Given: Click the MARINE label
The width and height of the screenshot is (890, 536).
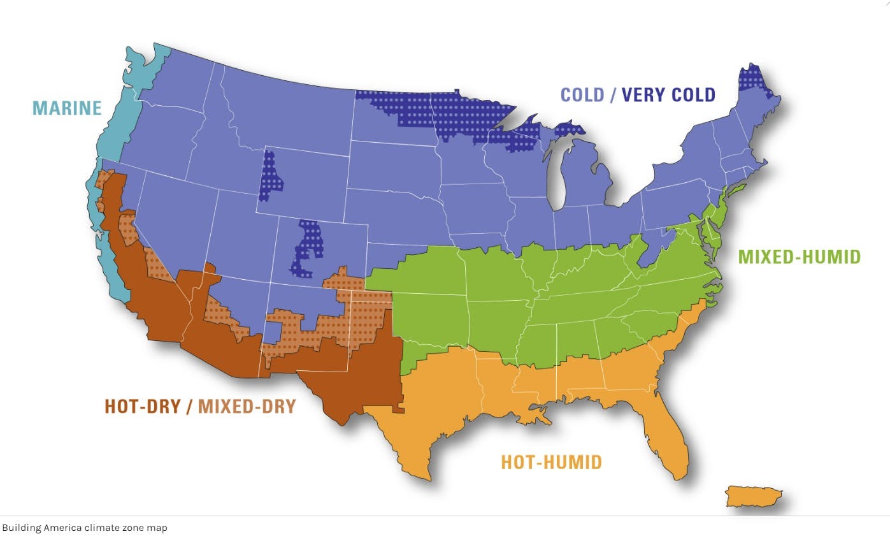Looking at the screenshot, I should point(67,108).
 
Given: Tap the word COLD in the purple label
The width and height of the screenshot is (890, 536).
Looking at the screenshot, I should point(582,95).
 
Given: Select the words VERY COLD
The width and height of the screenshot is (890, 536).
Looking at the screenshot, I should point(668,95).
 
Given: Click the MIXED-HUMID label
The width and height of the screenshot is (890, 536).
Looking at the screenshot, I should point(799,257).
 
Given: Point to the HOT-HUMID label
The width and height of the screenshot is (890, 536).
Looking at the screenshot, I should point(551,461).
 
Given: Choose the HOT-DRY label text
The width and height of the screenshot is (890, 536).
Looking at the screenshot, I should point(142,406).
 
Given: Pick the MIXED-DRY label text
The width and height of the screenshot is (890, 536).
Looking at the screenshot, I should point(247,406).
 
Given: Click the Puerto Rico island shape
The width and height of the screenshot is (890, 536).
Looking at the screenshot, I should point(753,496).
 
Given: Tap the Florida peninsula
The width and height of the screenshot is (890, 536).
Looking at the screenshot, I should point(663,433).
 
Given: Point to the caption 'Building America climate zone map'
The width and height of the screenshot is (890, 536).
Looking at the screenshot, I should point(85,528).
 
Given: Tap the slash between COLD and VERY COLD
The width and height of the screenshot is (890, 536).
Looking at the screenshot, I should point(613,95).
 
